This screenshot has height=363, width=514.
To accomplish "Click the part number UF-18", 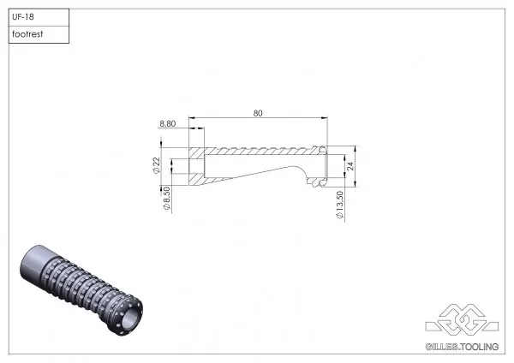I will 23,15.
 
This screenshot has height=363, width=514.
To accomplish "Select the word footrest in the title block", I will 28,34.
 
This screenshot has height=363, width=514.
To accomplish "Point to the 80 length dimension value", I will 257,111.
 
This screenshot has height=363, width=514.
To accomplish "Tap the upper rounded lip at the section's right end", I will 322,148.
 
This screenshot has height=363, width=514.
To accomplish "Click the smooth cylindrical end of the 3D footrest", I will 39,265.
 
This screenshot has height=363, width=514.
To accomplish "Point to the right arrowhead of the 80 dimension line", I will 325,117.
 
